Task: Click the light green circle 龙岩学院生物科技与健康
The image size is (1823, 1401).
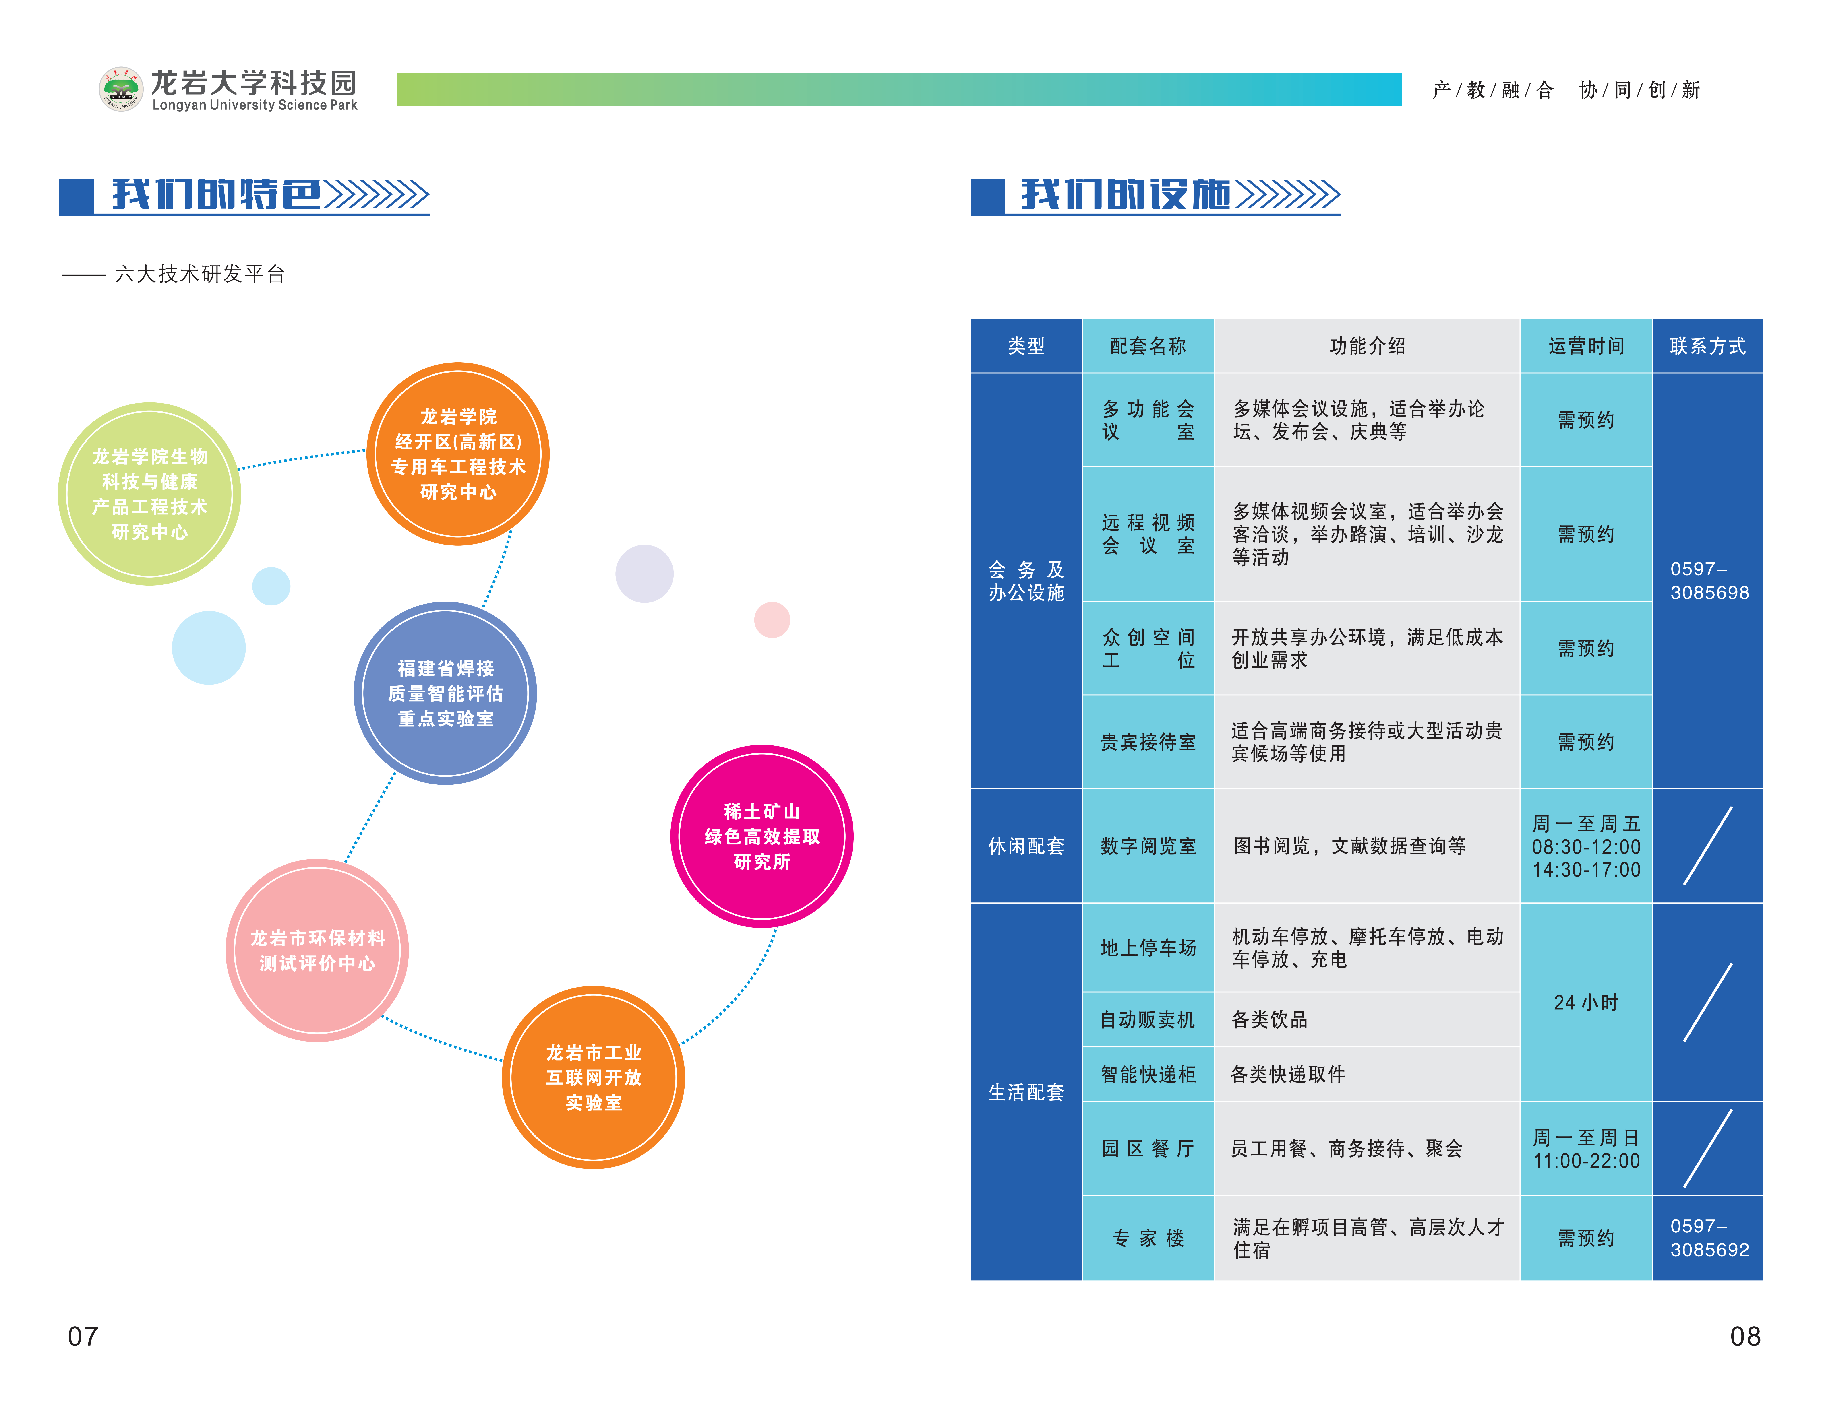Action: pos(149,494)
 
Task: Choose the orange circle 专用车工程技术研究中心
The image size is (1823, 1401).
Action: pos(458,454)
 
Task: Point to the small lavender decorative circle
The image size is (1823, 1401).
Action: pos(644,574)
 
